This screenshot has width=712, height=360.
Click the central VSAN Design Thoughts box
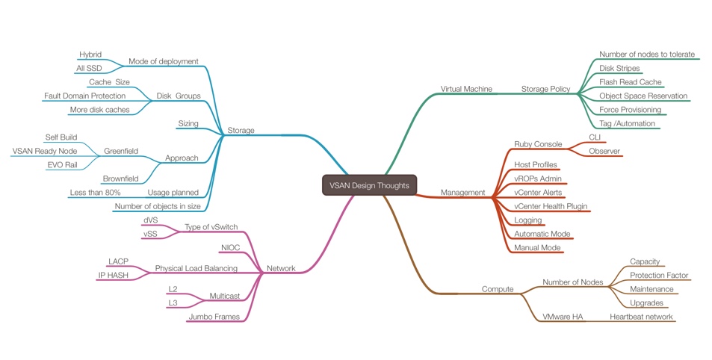pyautogui.click(x=368, y=185)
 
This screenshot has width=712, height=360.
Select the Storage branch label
pyautogui.click(x=240, y=131)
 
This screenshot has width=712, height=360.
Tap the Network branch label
pyautogui.click(x=281, y=268)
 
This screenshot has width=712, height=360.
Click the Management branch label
pyautogui.click(x=462, y=193)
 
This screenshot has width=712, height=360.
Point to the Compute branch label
pyautogui.click(x=497, y=289)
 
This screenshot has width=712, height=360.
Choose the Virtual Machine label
pyautogui.click(x=466, y=89)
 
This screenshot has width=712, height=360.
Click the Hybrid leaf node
pyautogui.click(x=90, y=55)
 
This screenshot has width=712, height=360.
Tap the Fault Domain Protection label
pyautogui.click(x=84, y=96)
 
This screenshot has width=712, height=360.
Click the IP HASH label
pyautogui.click(x=112, y=275)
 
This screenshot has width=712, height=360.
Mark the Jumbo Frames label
pyautogui.click(x=214, y=317)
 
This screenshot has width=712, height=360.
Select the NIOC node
pyautogui.click(x=229, y=247)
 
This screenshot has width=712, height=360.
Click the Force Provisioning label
pyautogui.click(x=630, y=110)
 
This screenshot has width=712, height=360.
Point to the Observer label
pyautogui.click(x=604, y=151)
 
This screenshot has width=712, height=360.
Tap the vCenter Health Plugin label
pyautogui.click(x=551, y=206)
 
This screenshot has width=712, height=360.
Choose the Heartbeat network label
pyautogui.click(x=641, y=317)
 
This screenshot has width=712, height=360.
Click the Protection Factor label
pyautogui.click(x=658, y=276)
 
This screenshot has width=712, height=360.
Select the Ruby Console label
pyautogui.click(x=538, y=144)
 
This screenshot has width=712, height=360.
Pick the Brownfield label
pyautogui.click(x=121, y=179)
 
